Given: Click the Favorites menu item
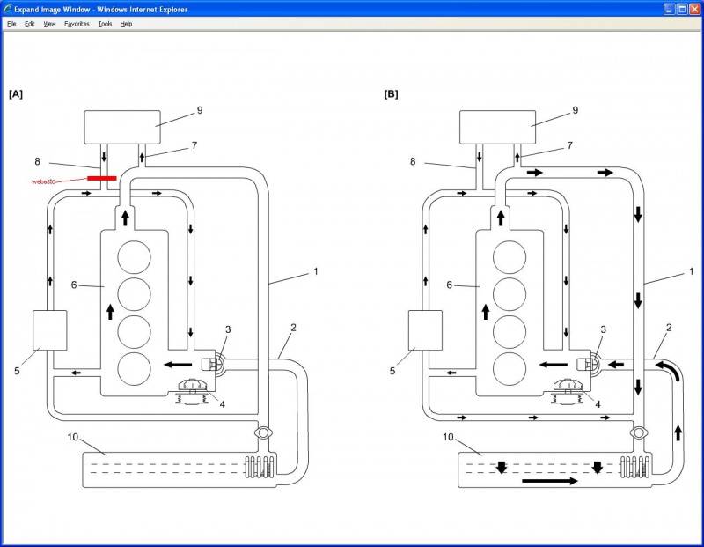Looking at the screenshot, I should tap(77, 24).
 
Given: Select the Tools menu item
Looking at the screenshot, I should tap(105, 24).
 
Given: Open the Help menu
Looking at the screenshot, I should tap(126, 24).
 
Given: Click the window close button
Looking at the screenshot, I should tap(694, 8).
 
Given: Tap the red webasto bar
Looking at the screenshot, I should tap(102, 178).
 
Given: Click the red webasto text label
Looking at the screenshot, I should tap(44, 181).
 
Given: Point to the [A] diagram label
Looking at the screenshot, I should tap(15, 92).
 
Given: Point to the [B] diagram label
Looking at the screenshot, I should tap(391, 92).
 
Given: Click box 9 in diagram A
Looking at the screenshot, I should tap(121, 127).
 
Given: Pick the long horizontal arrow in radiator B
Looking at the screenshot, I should tap(549, 482).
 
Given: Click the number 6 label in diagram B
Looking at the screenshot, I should tap(450, 285).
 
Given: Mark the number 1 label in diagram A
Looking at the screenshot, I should tap(315, 271).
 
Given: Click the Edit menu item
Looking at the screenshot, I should tap(30, 24).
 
